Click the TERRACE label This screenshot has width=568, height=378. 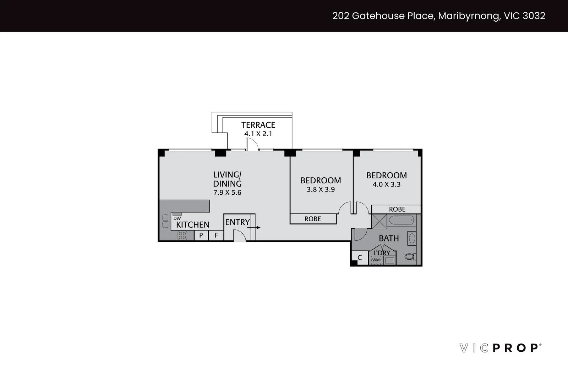258,125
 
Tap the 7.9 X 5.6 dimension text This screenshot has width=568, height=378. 227,193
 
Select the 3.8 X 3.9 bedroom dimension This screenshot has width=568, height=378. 321,189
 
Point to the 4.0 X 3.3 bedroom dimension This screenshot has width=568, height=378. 386,184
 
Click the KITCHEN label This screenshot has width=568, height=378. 193,224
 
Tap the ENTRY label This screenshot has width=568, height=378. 237,222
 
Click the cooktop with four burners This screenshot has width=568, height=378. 182,235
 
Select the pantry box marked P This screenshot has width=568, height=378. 201,235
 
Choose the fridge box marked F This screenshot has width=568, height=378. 216,235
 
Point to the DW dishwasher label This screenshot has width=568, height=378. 177,218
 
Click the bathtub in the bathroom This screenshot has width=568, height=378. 401,221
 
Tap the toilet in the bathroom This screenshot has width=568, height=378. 410,256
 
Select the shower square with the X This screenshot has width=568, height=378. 379,221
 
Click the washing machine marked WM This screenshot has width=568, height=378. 376,260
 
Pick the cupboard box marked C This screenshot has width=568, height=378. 359,258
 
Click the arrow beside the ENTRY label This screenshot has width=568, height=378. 256,227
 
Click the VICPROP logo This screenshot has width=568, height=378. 501,348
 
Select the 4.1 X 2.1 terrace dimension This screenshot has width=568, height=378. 258,134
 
